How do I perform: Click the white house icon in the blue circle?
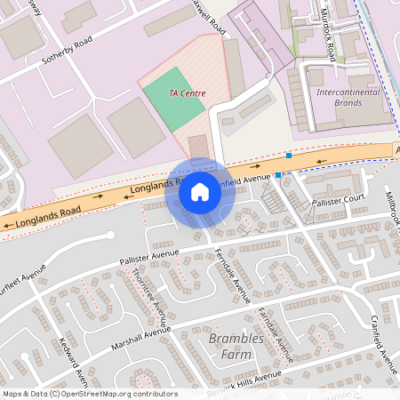(x=200, y=191)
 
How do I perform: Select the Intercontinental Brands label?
(x=348, y=97)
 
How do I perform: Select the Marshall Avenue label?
(x=140, y=336)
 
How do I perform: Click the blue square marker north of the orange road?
(x=288, y=156)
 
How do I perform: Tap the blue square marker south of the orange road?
(x=278, y=175)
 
